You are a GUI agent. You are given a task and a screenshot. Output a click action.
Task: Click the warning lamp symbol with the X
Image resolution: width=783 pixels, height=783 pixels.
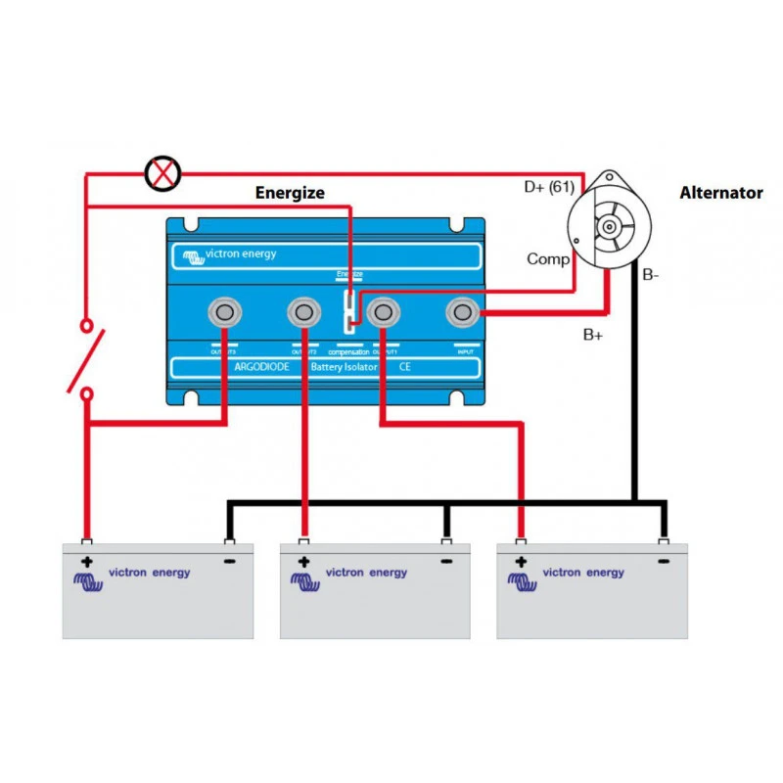162,174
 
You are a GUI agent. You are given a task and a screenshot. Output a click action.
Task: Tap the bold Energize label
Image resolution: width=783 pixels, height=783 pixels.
289,193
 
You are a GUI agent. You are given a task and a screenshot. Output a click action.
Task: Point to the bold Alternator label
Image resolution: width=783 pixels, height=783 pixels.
720,193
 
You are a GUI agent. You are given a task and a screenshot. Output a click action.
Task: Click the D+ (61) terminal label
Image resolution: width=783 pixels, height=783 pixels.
548,186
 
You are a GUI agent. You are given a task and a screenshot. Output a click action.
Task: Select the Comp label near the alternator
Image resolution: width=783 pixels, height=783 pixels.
548,259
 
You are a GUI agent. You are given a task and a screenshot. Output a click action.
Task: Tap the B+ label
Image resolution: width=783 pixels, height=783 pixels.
593,335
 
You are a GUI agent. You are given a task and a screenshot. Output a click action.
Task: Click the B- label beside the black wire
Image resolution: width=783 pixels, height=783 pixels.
651,276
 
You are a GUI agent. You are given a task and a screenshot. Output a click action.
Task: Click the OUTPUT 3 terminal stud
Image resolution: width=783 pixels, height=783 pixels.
226,313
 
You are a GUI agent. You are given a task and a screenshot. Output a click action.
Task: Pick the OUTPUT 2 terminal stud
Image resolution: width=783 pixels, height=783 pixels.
304,313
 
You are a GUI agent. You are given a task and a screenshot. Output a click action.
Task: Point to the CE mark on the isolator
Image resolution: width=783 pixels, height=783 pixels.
403,368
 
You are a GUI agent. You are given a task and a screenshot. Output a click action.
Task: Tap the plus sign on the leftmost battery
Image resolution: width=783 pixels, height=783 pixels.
87,562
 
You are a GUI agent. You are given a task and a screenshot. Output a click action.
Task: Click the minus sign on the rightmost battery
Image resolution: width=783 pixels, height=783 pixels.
663,562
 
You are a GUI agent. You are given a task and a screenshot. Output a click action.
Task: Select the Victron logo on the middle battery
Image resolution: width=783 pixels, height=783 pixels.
306,580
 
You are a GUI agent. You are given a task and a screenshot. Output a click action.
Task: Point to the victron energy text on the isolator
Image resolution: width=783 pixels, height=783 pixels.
240,254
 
